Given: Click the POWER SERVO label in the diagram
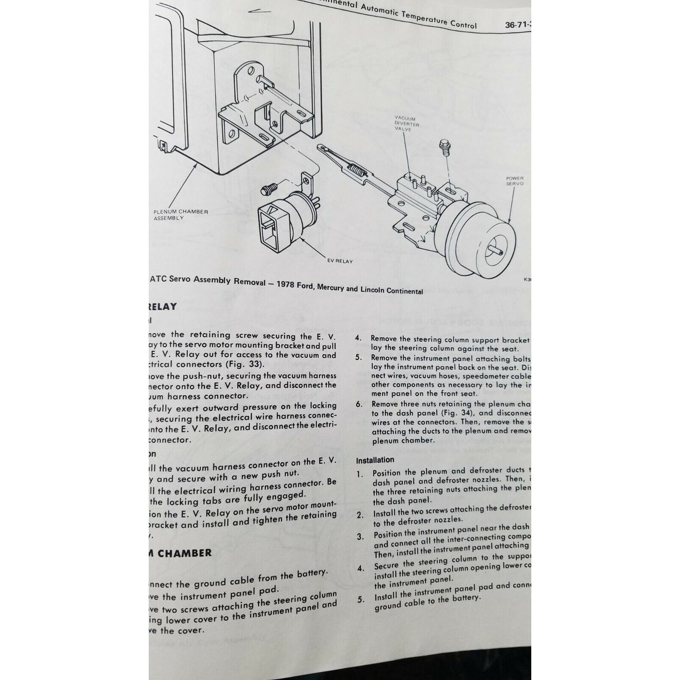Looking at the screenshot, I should (515, 181).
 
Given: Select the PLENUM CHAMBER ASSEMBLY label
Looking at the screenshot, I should (180, 215).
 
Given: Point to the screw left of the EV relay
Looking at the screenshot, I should (268, 191).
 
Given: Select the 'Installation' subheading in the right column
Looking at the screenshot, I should (375, 460).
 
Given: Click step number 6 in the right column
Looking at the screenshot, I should (359, 404).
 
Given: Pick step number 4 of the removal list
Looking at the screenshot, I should (358, 338).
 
